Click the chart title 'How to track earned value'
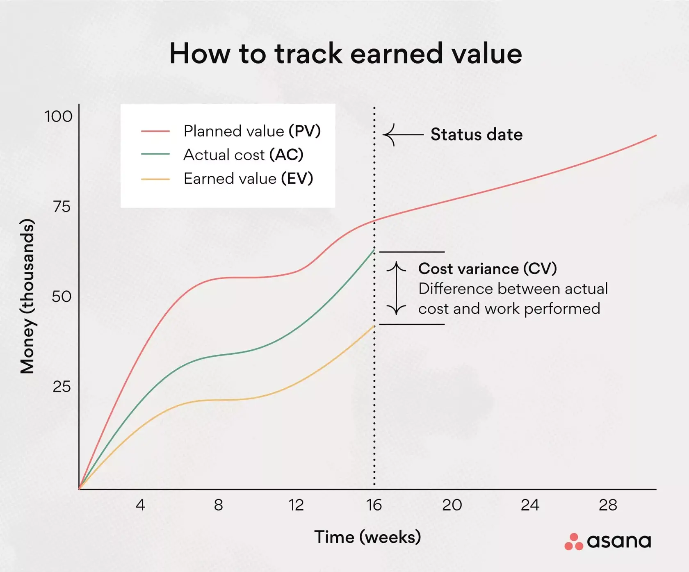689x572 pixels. coord(345,54)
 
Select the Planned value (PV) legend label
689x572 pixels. coord(252,131)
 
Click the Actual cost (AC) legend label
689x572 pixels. coord(243,155)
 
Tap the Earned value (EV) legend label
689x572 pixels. coord(248,179)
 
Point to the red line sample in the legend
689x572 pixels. coord(155,131)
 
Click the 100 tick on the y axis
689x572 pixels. coord(58,116)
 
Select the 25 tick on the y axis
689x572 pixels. coord(62,387)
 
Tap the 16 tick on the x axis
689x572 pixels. coord(374,505)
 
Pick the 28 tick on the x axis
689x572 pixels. coord(607,505)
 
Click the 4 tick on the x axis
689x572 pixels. coord(140,505)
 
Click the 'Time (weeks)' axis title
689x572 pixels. coord(367,537)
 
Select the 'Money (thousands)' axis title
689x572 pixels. coord(27,296)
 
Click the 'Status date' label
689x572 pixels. coord(477,134)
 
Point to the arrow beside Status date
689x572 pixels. coord(403,134)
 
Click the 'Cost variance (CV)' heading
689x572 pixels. coord(487,269)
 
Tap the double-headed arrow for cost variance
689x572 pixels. coord(396,288)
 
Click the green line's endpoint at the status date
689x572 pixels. coord(374,250)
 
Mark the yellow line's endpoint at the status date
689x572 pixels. coord(374,326)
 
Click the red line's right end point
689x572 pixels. coord(655,135)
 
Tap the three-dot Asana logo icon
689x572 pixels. coord(573,542)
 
